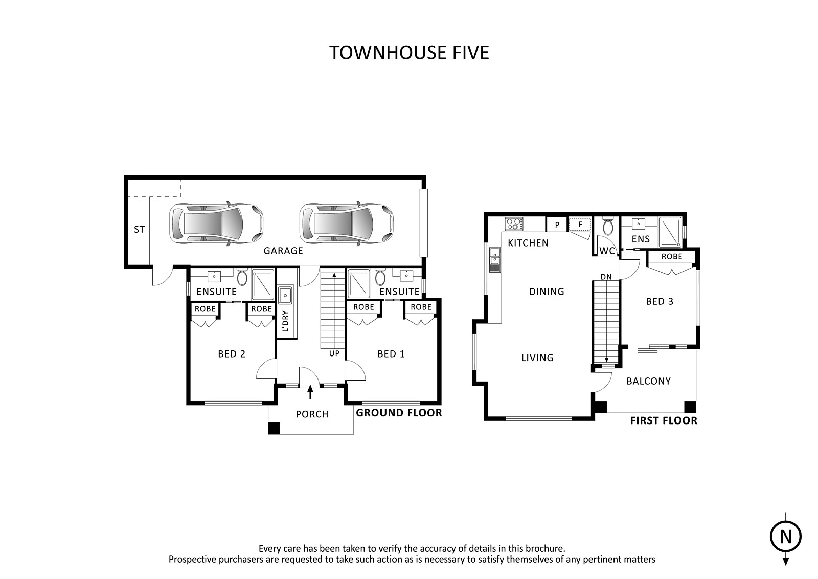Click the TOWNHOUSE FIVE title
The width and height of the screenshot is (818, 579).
click(409, 53)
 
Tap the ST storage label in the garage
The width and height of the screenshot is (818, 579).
click(139, 230)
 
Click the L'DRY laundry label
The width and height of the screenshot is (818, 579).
click(286, 321)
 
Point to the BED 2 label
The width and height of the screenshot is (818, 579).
click(232, 354)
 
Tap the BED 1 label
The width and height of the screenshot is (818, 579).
click(391, 354)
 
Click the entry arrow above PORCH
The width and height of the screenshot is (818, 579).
click(310, 392)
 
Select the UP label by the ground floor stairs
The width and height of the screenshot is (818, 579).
click(334, 353)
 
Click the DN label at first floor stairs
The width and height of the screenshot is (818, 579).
click(606, 277)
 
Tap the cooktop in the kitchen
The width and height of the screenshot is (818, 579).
click(514, 224)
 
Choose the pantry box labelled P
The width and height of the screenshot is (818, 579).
click(557, 225)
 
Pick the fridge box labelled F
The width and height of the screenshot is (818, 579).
click(580, 225)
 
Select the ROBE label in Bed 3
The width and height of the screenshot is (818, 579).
click(672, 257)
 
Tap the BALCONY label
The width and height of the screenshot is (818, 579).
click(649, 382)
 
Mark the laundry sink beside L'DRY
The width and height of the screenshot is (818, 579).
click(285, 295)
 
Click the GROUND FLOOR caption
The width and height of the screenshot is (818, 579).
click(399, 413)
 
